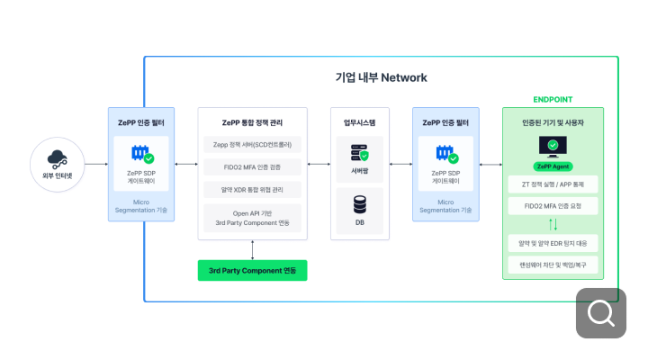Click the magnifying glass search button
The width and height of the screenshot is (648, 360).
tap(600, 312)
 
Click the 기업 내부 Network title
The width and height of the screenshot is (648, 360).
tap(381, 77)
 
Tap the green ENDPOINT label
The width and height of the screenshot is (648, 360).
tap(553, 99)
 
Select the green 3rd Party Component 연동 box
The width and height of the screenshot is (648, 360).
tap(252, 270)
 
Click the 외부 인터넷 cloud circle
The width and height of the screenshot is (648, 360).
tap(58, 165)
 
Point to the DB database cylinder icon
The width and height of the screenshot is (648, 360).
tap(359, 204)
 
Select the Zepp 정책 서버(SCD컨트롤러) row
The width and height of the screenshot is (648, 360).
tap(252, 144)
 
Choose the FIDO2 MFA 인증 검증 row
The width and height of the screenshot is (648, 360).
tap(252, 166)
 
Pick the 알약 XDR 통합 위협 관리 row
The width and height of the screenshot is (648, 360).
tap(252, 189)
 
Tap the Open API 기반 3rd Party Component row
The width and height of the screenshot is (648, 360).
tap(252, 217)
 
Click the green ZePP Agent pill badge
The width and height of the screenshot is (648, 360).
tap(553, 166)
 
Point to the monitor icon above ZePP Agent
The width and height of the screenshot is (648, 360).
tap(553, 146)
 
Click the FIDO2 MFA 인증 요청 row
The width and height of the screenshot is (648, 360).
tap(553, 206)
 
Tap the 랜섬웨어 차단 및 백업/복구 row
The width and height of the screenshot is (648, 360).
tap(553, 265)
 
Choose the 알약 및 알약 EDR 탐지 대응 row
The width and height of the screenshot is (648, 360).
tap(553, 242)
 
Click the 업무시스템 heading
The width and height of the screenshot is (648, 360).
tap(359, 121)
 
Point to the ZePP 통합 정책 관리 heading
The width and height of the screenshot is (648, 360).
tap(252, 121)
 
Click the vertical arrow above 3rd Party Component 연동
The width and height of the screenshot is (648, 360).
tap(252, 249)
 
